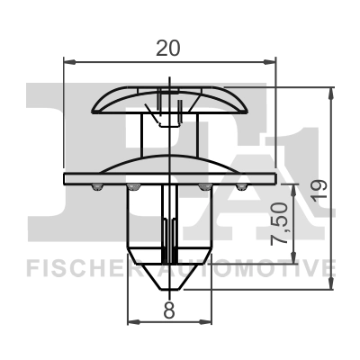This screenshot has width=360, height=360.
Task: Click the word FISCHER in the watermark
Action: pyautogui.click(x=73, y=267)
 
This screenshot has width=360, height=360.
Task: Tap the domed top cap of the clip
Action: pyautogui.click(x=168, y=95)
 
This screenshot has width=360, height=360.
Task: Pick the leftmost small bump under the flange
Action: pyautogui.click(x=94, y=186)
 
